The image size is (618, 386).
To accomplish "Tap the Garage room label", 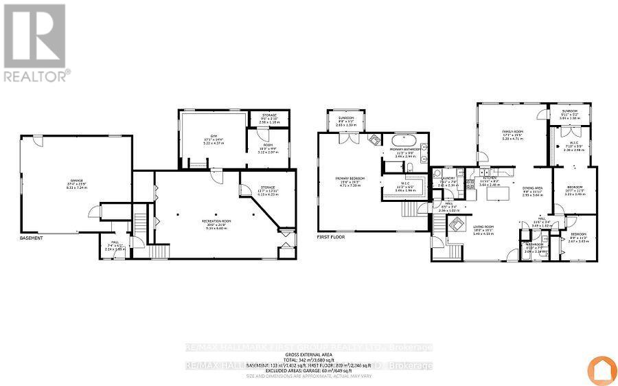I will (x=76, y=182).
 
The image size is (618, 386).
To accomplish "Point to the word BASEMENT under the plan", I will (x=31, y=238).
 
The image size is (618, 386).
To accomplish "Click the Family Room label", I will (x=512, y=133).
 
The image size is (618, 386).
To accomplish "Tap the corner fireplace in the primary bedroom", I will (x=374, y=139).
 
